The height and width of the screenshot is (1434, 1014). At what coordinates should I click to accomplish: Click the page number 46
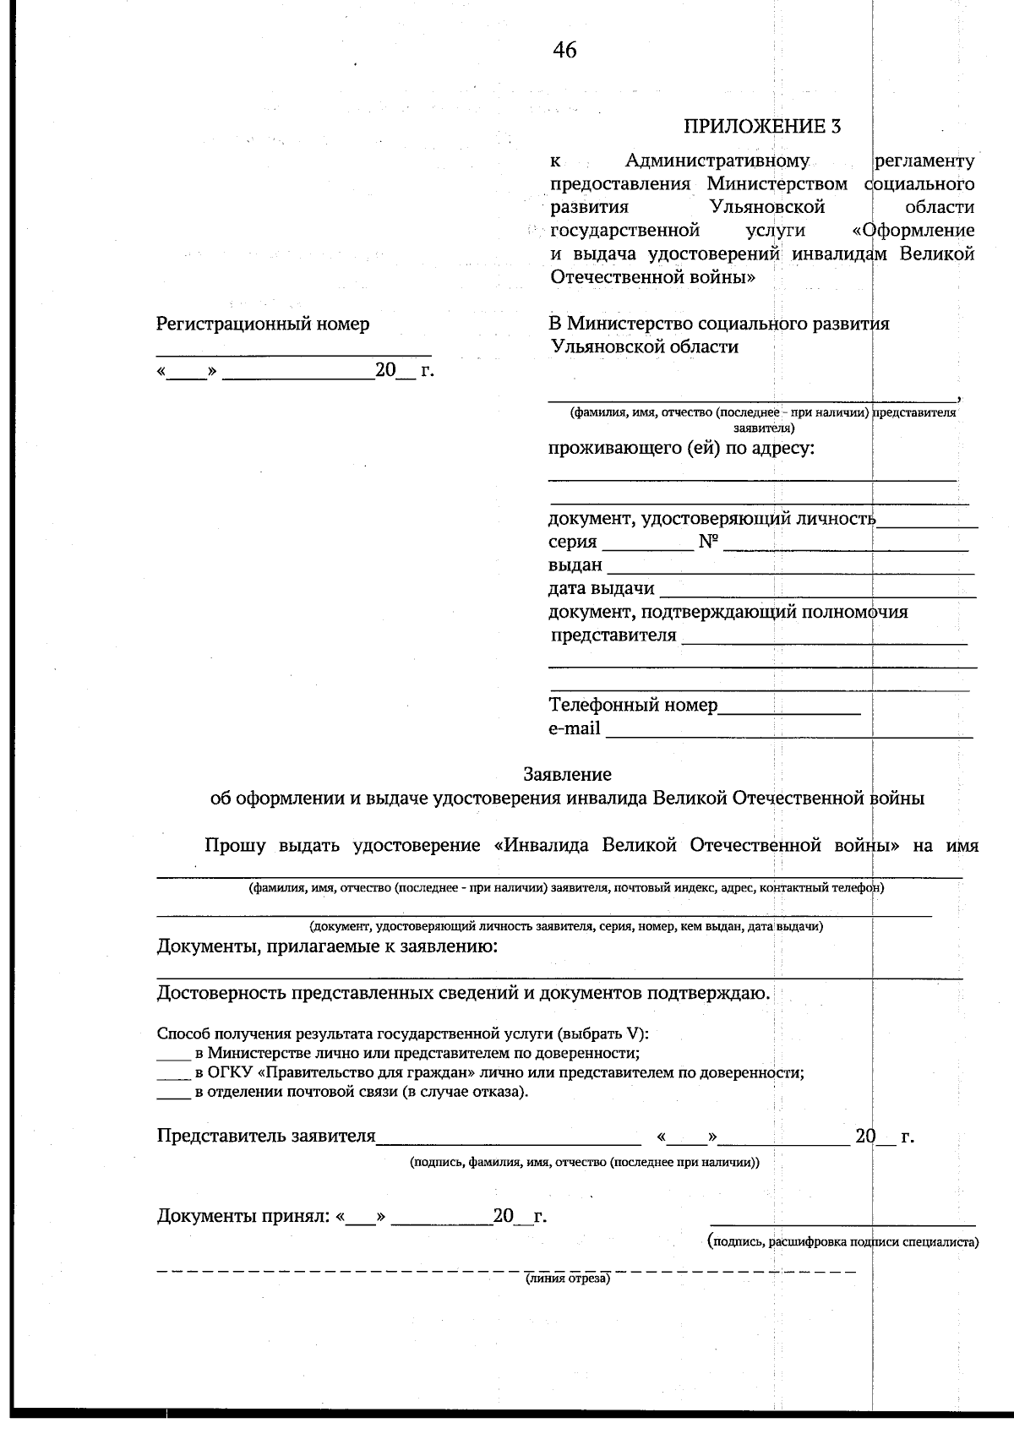565,51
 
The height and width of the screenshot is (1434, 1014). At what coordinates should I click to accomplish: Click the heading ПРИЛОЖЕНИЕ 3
763,127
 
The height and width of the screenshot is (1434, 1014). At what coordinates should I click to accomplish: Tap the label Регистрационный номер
263,324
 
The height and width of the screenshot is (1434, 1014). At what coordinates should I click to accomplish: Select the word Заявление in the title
567,774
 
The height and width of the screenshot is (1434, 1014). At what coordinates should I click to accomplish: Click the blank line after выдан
790,573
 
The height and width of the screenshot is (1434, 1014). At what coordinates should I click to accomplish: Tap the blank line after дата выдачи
816,597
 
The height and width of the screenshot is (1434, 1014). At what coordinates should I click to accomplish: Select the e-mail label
575,728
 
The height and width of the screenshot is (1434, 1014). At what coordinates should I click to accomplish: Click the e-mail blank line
789,737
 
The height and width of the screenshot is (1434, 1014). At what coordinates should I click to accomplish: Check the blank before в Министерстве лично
173,1058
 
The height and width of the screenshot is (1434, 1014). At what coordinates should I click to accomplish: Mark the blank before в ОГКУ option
173,1077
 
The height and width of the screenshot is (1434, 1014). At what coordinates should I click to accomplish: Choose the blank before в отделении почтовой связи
173,1097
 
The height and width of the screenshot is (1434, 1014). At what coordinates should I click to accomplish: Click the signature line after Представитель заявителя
509,1143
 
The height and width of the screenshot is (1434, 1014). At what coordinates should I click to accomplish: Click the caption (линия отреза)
567,1279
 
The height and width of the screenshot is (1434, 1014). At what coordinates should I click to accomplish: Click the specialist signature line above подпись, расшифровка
842,1224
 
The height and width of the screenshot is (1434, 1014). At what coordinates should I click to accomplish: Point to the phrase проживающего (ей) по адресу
681,448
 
